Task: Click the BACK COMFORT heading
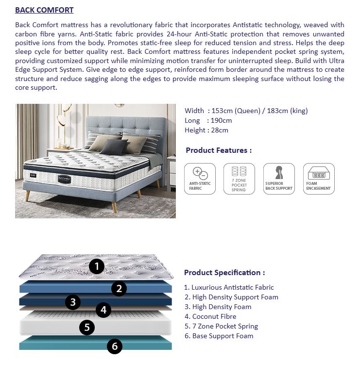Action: (44, 10)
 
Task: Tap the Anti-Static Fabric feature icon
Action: (200, 179)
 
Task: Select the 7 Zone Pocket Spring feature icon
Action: (239, 179)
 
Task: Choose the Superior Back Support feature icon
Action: (279, 179)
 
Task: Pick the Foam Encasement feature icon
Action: (319, 179)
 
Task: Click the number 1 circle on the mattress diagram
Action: (97, 266)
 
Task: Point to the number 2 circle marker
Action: (119, 289)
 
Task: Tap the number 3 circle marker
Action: (73, 302)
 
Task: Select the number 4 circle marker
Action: (103, 310)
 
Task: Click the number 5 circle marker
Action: (86, 327)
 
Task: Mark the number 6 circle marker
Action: (115, 346)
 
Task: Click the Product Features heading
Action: (219, 150)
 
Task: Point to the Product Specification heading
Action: (224, 273)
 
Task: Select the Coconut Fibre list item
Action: (210, 316)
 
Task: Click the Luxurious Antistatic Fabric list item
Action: (229, 287)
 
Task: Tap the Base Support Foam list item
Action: (219, 336)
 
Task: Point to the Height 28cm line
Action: (206, 130)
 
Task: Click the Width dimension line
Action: (246, 111)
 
